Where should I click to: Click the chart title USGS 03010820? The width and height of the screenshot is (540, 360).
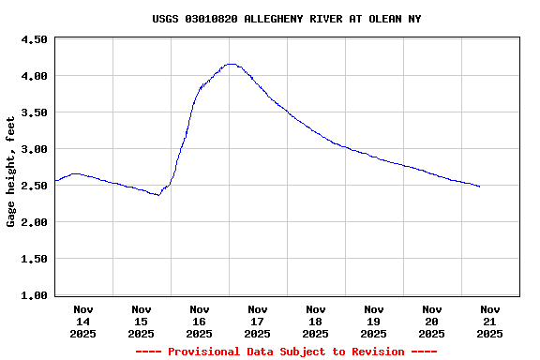point(286,19)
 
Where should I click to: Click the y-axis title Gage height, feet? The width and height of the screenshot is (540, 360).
point(11,172)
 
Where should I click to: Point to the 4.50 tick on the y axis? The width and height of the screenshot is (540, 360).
point(34,39)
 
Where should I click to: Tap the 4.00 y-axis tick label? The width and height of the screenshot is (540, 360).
point(34,76)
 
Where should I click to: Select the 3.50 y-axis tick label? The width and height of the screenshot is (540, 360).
point(34,112)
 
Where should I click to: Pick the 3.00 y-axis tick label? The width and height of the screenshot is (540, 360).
point(34,149)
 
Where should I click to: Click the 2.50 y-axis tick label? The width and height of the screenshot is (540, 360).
point(34,186)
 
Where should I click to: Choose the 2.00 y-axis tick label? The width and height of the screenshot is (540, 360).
point(34,222)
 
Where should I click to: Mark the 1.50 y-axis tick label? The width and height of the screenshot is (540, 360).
point(34,259)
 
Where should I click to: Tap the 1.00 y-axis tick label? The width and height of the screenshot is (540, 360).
point(34,295)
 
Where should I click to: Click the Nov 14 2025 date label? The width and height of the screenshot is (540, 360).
point(83,322)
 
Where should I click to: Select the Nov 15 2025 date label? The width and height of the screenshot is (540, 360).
point(142,322)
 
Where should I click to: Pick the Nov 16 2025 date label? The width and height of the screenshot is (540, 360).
point(200,322)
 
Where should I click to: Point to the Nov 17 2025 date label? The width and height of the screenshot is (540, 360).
point(258,322)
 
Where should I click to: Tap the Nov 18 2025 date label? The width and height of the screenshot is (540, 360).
point(316,322)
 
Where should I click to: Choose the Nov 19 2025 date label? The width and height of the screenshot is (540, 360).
point(374,322)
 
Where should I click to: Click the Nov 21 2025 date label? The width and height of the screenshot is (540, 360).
point(489,322)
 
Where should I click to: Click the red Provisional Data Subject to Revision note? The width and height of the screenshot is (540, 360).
point(286,352)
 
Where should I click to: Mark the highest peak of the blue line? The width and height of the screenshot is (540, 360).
point(231,64)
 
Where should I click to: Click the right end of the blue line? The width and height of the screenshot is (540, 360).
point(480,187)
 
